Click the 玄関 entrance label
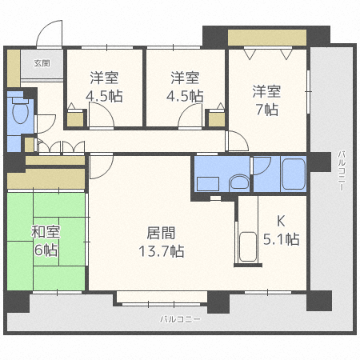(x=42, y=63)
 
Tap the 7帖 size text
(x=267, y=110)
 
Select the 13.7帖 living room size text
(x=162, y=251)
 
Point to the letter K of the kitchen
(x=281, y=221)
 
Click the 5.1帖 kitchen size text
(x=281, y=238)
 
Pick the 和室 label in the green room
(x=46, y=231)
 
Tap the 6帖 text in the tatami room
(x=46, y=250)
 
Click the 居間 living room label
(x=161, y=233)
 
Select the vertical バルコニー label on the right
(x=342, y=170)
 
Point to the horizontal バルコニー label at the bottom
(x=180, y=319)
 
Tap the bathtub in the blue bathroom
(x=294, y=174)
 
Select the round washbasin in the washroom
(x=239, y=182)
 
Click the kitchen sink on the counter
(x=248, y=247)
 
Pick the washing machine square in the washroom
(x=208, y=184)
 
